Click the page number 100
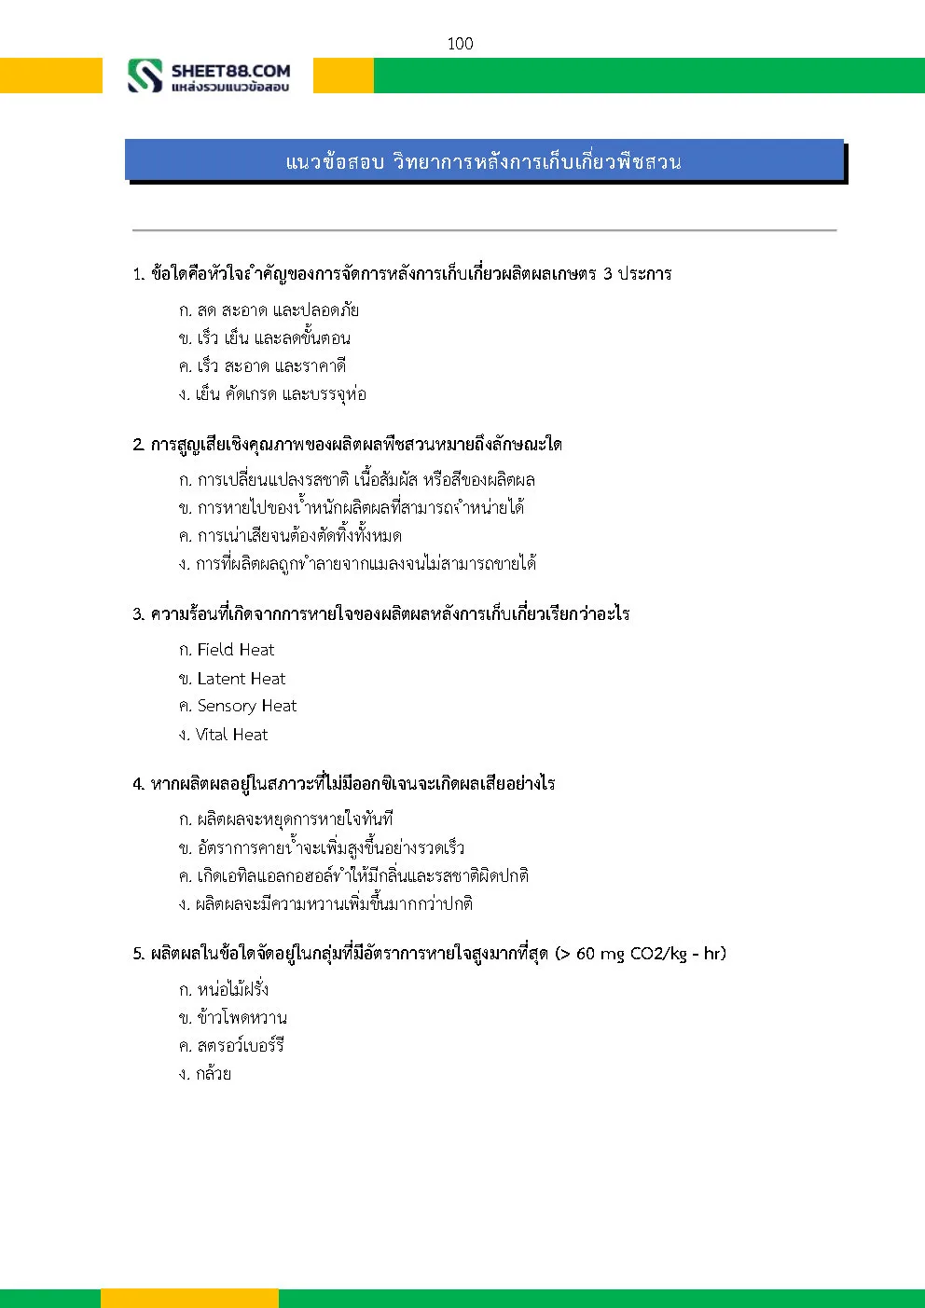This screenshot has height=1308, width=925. click(460, 44)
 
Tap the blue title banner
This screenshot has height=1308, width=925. click(484, 161)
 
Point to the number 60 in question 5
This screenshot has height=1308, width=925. click(586, 954)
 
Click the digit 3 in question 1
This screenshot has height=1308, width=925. click(607, 274)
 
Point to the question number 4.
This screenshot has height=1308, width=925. click(138, 784)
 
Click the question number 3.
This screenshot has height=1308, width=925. click(138, 614)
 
